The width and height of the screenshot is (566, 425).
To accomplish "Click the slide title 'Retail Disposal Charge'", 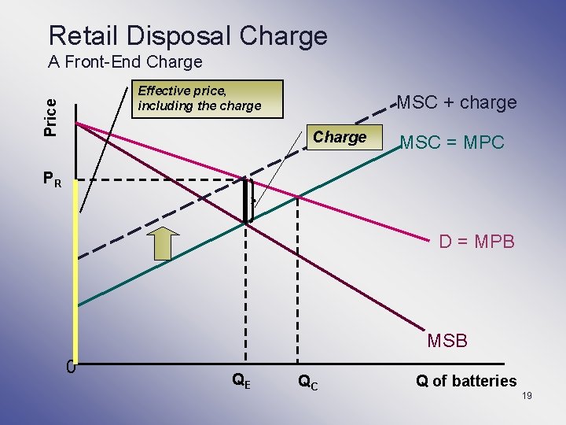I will coord(187,35).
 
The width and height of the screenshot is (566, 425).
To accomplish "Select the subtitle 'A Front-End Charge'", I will coord(125,61).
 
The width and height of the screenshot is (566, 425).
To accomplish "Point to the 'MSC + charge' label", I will coord(457,102).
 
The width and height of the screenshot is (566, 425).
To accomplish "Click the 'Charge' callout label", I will coord(340,137).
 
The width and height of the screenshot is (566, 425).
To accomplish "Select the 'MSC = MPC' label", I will coord(452,143).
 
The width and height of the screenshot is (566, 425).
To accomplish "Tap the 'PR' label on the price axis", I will coord(53,180).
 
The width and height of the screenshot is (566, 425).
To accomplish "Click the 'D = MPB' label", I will coord(476,242).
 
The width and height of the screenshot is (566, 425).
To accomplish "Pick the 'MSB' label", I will coord(447,341).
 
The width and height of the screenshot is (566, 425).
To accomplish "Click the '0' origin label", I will coord(71,367).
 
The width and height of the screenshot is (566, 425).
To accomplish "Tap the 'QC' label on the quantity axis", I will coord(307,382).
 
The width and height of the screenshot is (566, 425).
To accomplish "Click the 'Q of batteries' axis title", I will coord(465,382).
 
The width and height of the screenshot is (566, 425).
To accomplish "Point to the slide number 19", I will coord(526,395).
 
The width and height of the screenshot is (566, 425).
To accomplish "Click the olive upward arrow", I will coord(163,242).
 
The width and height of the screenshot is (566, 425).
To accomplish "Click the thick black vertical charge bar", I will coord(247,201).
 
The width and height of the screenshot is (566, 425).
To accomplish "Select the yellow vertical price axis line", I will coord(76,275).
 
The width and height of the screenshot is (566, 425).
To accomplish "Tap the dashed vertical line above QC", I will coord(297,275).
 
